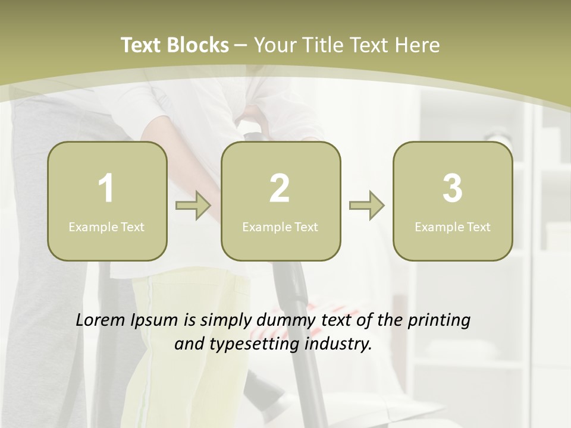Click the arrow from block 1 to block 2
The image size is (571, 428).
tap(193, 206)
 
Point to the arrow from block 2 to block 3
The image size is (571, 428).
tap(366, 206)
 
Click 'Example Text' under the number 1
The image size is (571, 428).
tap(106, 226)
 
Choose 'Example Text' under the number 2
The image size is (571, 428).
tap(280, 226)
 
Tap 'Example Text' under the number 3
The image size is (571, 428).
tap(453, 226)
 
